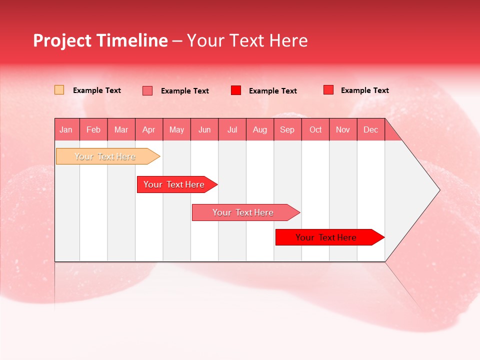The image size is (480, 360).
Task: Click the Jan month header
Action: tap(66, 130)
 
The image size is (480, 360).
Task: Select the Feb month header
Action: tap(93, 130)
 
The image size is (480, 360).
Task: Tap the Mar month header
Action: tap(121, 130)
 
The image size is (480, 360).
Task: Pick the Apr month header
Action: tap(149, 130)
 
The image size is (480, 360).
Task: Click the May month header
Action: tap(176, 130)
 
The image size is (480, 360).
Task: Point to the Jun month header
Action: tap(204, 130)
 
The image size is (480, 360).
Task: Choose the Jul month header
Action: tap(232, 130)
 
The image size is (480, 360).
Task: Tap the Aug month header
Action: tap(260, 130)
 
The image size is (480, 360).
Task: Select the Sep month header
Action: tap(287, 130)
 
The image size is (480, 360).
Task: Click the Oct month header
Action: tap(315, 130)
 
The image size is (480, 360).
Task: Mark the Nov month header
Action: tap(343, 130)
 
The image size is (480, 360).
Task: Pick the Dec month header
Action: tap(370, 130)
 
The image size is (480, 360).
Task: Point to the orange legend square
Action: tap(59, 90)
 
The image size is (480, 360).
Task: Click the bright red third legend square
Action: tap(236, 90)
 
